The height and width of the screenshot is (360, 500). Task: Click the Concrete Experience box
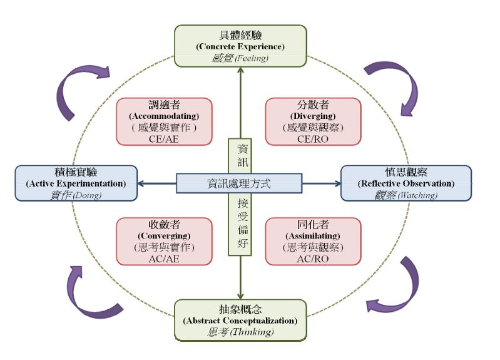pyautogui.click(x=240, y=46)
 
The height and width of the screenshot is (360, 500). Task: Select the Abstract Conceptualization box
pyautogui.click(x=240, y=320)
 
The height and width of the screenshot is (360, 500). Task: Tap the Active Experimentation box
pyautogui.click(x=76, y=183)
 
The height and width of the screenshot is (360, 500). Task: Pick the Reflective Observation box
pyautogui.click(x=406, y=183)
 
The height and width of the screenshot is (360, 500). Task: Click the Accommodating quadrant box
pyautogui.click(x=164, y=121)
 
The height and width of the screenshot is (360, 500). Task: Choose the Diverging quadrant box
pyautogui.click(x=313, y=121)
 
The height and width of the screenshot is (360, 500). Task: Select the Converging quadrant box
pyautogui.click(x=164, y=241)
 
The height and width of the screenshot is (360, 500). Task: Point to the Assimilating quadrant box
pyautogui.click(x=313, y=241)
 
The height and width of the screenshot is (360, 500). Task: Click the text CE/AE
pyautogui.click(x=164, y=140)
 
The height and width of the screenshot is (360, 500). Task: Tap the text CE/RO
pyautogui.click(x=313, y=140)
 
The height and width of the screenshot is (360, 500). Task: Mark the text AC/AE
pyautogui.click(x=164, y=259)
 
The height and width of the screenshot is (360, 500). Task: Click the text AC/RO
pyautogui.click(x=313, y=259)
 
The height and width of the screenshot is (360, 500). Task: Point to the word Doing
pyautogui.click(x=87, y=195)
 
